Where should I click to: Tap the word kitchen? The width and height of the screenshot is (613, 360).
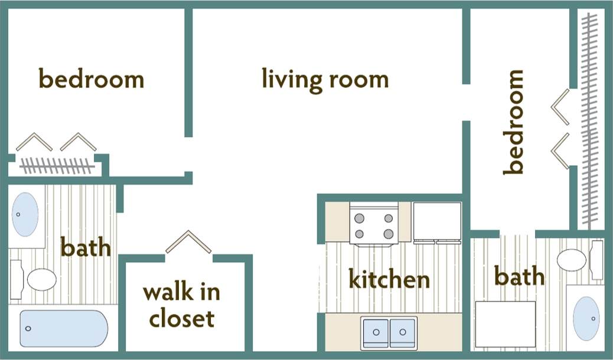(x=389, y=279)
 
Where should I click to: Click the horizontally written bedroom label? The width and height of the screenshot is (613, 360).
(x=91, y=79)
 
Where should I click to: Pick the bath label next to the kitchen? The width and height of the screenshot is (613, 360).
(x=519, y=276)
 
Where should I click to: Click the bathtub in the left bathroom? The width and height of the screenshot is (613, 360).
(x=64, y=329)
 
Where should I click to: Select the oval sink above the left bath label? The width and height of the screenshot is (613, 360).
(x=26, y=214)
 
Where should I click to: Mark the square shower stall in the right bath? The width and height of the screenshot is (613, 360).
(x=506, y=324)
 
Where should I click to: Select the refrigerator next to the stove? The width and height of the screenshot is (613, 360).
(x=437, y=222)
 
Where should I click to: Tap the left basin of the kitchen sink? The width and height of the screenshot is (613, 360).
(x=375, y=332)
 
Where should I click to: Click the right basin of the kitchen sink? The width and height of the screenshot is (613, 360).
(x=403, y=332)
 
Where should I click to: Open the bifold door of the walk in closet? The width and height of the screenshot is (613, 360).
(x=188, y=241)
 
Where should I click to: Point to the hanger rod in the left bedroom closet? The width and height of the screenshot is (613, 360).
(x=57, y=165)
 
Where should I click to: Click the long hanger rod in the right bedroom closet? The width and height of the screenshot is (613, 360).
(x=588, y=118)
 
